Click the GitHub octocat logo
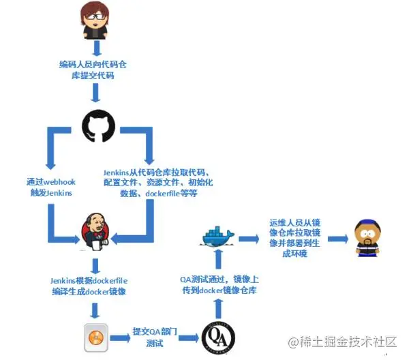98,125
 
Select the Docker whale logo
217,237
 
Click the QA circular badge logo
219,338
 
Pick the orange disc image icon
96,337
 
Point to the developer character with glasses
95,20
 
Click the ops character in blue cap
367,238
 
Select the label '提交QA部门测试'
155,337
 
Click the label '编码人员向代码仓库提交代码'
93,70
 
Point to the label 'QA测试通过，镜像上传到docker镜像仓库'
219,284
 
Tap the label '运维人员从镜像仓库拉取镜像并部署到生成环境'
294,238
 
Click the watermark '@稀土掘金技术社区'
342,342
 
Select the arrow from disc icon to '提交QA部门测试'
120,338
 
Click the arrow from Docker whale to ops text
249,239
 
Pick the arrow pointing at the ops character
338,239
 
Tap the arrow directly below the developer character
97,48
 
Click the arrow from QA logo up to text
219,309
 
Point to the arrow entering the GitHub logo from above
95,93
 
